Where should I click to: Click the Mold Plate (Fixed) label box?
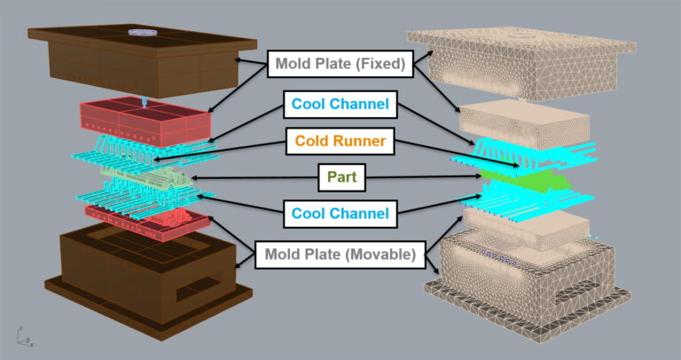(x=340, y=64)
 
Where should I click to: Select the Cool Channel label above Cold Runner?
(x=340, y=105)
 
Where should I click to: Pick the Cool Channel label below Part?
(x=340, y=213)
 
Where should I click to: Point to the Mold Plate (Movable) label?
(x=340, y=255)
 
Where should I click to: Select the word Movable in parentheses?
(x=383, y=255)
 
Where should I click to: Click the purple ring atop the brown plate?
(x=142, y=32)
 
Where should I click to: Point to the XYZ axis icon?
(x=19, y=336)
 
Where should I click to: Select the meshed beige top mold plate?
(x=523, y=62)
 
